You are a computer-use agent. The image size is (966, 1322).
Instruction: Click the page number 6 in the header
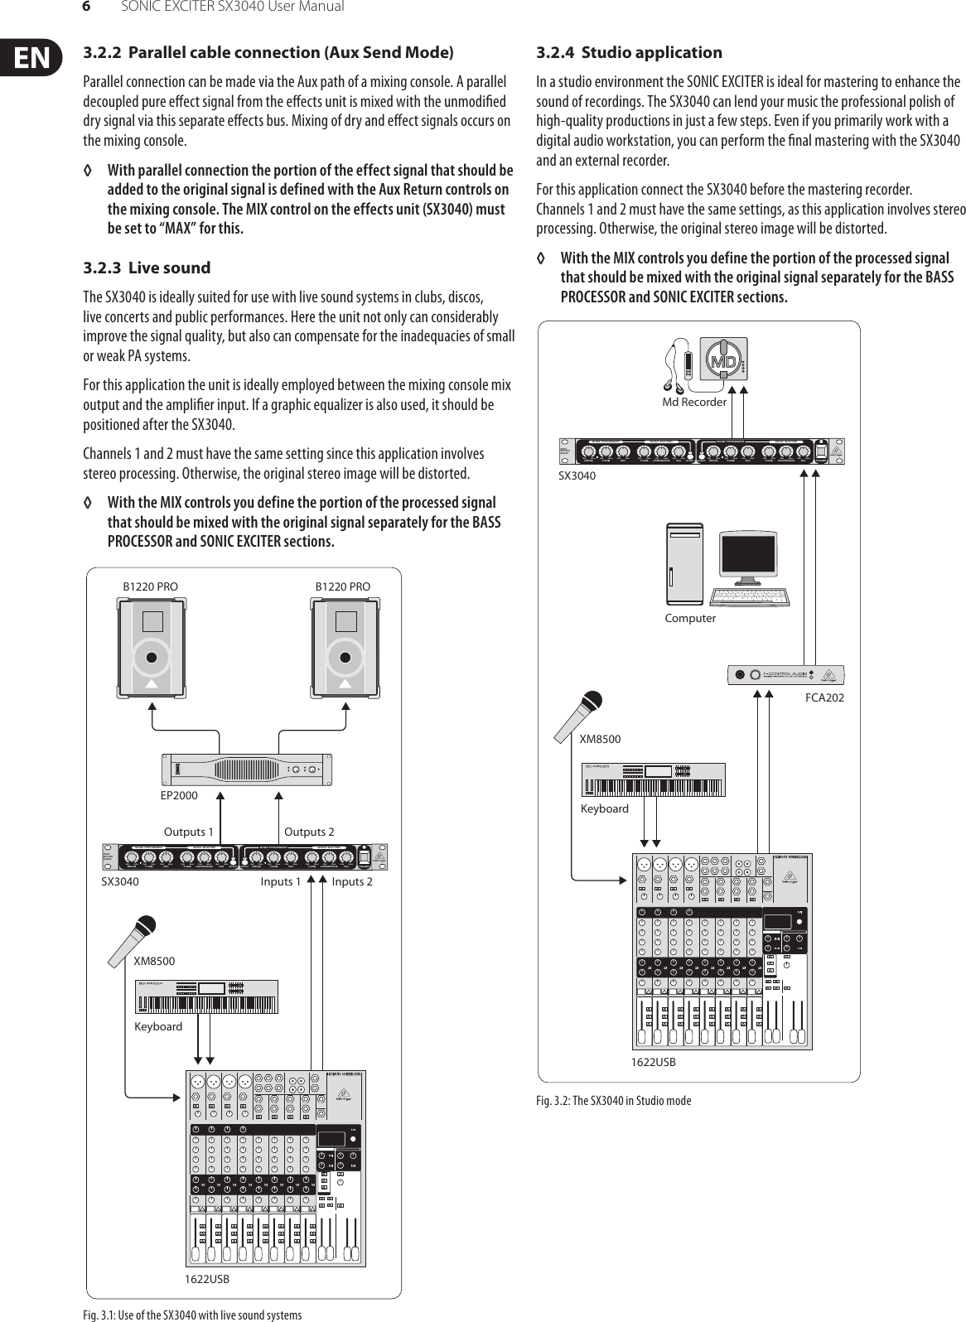coord(85,7)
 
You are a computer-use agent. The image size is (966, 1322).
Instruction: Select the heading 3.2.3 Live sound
coord(147,268)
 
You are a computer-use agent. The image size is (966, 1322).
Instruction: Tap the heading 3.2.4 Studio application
coord(629,53)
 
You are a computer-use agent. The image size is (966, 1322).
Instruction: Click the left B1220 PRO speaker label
coord(150,586)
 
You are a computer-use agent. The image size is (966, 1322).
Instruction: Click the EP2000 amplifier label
coord(178,795)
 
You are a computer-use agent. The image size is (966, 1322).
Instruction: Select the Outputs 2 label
coord(309,832)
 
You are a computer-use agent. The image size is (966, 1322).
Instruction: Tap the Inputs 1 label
coord(281,881)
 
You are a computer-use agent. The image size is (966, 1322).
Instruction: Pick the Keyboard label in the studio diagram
coord(604,808)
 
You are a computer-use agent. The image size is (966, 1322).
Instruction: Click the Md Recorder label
coord(693,403)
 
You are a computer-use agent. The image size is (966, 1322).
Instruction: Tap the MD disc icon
coord(722,361)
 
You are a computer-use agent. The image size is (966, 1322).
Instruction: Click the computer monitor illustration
coord(748,561)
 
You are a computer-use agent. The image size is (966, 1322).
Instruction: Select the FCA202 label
coord(824,698)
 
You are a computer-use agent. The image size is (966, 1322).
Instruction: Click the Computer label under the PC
coord(690,618)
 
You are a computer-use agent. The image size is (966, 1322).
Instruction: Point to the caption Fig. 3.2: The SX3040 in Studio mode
coord(613,1100)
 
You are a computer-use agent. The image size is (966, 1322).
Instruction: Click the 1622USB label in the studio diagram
coord(653,1061)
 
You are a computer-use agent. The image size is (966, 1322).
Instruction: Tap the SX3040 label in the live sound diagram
coord(120,881)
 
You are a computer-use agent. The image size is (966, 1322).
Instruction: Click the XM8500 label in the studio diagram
coord(600,739)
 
